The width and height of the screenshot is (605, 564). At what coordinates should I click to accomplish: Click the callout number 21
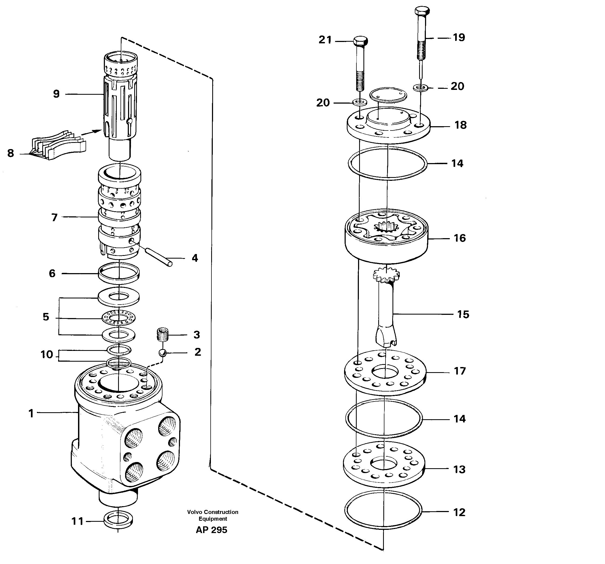coord(325,40)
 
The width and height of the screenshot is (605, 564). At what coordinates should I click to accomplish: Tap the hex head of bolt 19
coord(422,11)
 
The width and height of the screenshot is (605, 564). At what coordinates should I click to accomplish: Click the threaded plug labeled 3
coord(163,334)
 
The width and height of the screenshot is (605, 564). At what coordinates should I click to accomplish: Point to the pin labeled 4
coord(158,257)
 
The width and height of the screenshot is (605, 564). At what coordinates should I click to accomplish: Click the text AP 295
coord(211,530)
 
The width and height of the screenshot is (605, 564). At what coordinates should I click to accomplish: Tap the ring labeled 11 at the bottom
coord(118,521)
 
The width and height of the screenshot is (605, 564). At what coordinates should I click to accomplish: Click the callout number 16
coord(459,238)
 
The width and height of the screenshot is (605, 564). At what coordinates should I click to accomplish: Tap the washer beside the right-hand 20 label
coord(420,88)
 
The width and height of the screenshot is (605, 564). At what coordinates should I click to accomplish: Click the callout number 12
coord(459,512)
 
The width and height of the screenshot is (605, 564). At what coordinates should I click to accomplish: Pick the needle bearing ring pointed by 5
coord(118,318)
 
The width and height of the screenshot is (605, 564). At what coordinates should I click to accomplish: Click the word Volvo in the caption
coord(195,512)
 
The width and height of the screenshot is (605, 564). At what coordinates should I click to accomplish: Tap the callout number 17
coord(459,371)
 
